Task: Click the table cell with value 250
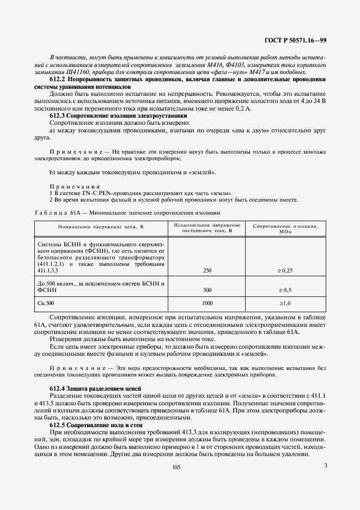tap(207, 270)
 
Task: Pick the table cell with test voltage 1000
tap(207, 302)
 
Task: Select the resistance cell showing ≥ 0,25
tap(285, 270)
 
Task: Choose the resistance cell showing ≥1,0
tap(285, 302)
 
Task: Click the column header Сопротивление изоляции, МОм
tap(285, 228)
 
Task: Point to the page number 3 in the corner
tap(325, 465)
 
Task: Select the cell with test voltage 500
tap(207, 290)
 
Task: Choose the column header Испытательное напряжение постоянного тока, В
tap(207, 228)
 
